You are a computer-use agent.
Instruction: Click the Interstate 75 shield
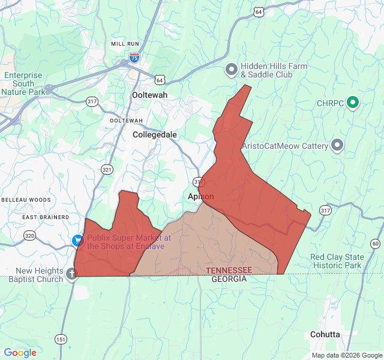134,58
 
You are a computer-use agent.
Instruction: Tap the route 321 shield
107,170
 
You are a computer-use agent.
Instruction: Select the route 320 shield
29,236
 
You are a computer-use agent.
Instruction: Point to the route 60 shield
375,243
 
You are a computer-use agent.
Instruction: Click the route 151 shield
61,340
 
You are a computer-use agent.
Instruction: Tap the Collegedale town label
155,135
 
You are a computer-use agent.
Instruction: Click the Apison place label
200,196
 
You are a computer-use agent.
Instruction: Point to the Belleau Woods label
26,199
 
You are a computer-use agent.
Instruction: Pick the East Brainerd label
46,217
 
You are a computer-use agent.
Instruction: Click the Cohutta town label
325,334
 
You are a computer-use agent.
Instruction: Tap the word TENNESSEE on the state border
229,271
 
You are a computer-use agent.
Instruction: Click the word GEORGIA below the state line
229,280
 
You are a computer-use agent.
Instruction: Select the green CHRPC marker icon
353,103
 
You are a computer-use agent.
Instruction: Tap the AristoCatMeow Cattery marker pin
337,146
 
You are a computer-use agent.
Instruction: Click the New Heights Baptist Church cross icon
71,275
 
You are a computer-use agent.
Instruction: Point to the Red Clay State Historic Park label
336,261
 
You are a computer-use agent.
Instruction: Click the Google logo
20,353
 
